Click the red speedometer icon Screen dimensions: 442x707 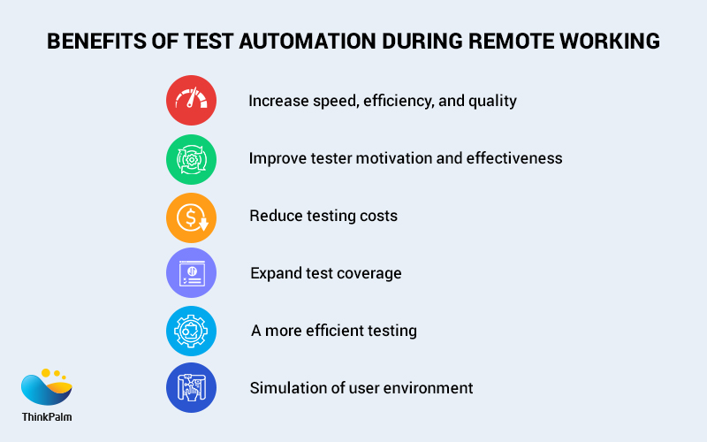pos(191,100)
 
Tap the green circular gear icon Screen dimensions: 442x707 pos(191,158)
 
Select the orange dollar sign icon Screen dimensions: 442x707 pos(191,217)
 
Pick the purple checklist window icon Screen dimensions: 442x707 pos(191,273)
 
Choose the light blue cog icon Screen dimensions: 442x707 pos(191,331)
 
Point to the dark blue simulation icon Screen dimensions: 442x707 pos(191,388)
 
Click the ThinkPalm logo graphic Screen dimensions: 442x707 pos(46,386)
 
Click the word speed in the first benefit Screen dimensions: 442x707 pos(329,101)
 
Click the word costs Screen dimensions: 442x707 pos(376,217)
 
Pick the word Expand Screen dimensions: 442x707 pos(275,274)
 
